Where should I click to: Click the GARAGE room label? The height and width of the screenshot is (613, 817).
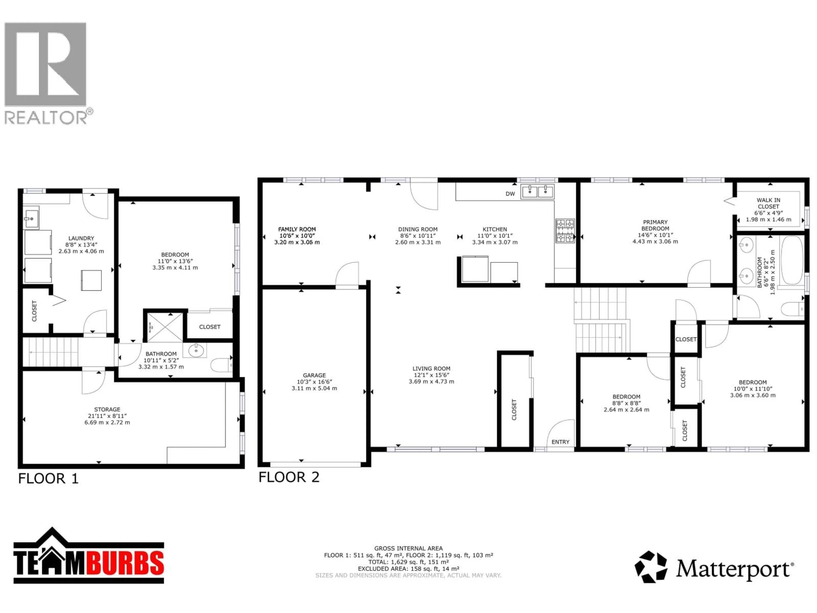point(314,375)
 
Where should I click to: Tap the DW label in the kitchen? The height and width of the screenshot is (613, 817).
point(510,194)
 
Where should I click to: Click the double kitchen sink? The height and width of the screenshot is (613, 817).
point(537,191)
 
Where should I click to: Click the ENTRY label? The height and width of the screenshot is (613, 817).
point(560,442)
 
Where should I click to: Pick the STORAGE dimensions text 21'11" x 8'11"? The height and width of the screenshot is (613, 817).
point(107,416)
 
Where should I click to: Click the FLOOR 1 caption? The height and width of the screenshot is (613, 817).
point(48,479)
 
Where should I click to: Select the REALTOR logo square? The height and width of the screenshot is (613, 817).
point(46,64)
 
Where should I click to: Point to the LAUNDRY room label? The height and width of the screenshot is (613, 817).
point(81,238)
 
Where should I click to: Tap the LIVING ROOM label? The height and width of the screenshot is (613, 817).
point(431,368)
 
